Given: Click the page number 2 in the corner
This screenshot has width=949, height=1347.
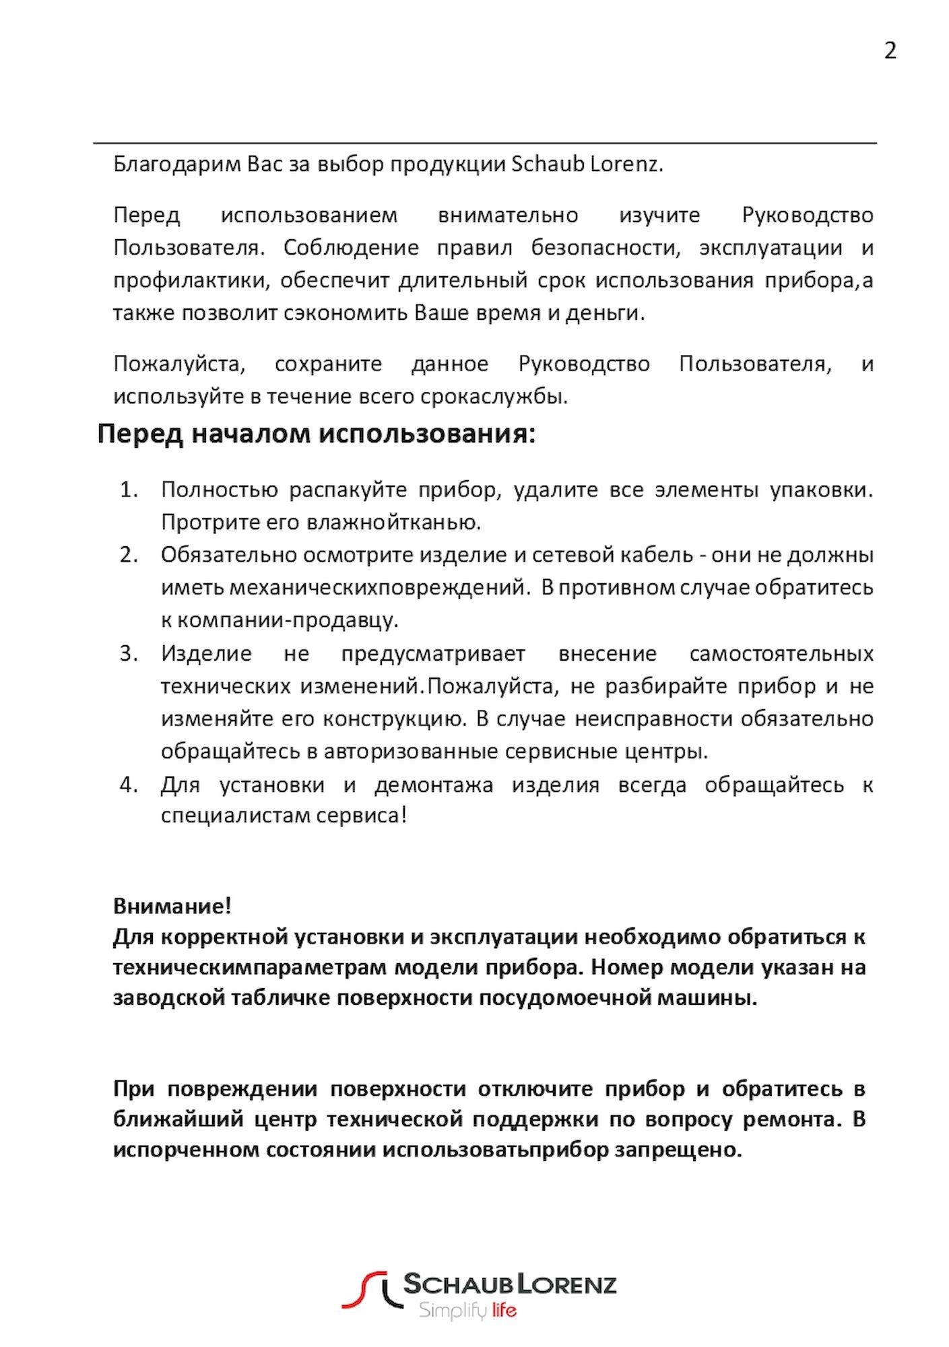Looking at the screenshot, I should (x=890, y=51).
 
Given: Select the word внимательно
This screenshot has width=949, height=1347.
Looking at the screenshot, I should (x=508, y=216).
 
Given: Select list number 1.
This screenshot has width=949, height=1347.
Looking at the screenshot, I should (x=128, y=490).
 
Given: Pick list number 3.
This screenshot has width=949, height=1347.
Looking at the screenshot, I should (x=128, y=653).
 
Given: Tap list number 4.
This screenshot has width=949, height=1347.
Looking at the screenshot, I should (x=128, y=785).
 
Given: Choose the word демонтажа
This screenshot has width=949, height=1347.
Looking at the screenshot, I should (x=434, y=785).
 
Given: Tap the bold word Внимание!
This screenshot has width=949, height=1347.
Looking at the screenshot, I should (x=172, y=907).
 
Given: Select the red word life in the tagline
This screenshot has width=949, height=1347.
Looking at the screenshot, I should (x=504, y=1310).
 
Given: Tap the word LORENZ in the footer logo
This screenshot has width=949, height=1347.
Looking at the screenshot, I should (x=565, y=1284).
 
